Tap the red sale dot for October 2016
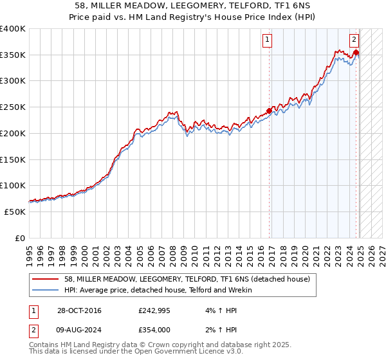(x=269, y=111)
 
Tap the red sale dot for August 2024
(x=356, y=53)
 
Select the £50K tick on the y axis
(x=15, y=212)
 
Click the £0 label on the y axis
(x=21, y=238)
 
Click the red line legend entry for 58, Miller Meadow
(x=187, y=279)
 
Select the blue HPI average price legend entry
(x=158, y=290)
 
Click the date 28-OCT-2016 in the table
(x=77, y=311)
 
